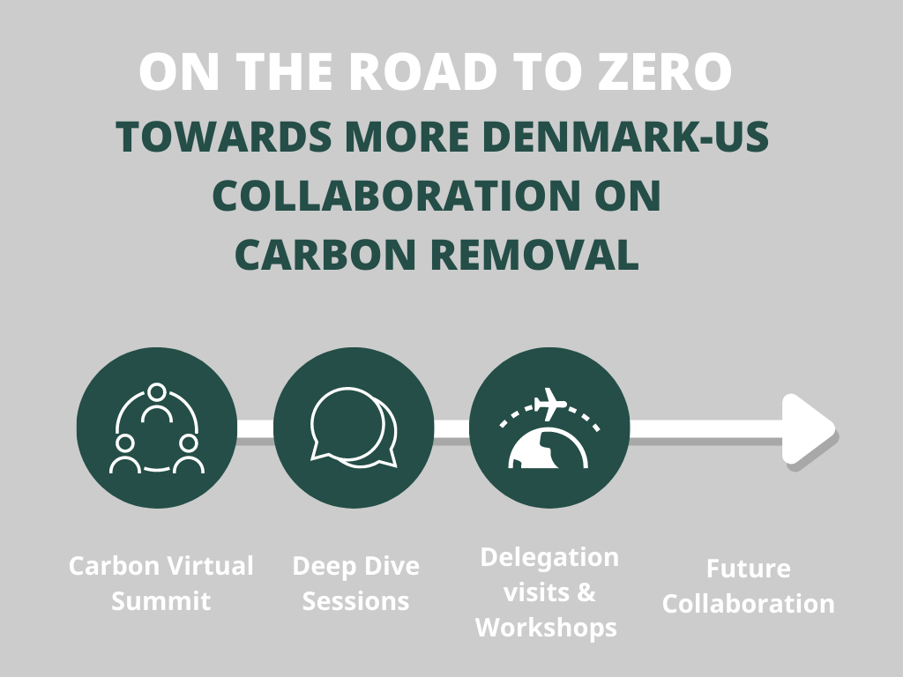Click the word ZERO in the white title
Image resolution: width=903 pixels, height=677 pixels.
[x=665, y=72]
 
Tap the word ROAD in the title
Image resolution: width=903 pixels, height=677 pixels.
[x=423, y=72]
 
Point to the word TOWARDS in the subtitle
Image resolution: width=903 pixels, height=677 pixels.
[x=224, y=137]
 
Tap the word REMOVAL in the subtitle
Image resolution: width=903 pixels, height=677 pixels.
[x=535, y=255]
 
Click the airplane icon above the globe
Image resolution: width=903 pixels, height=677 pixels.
[x=550, y=404]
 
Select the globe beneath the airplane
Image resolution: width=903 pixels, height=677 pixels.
[x=549, y=448]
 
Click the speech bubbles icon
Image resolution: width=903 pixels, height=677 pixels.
[x=354, y=428]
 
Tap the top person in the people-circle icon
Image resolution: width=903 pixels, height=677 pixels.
[x=157, y=403]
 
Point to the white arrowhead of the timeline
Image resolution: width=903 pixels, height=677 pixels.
[x=809, y=429]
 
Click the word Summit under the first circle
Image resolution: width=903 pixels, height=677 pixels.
[x=160, y=601]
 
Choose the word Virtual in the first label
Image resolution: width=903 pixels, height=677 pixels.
[x=207, y=566]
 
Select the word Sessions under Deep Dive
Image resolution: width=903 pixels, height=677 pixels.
[x=356, y=601]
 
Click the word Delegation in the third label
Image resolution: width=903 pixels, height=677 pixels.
[x=549, y=558]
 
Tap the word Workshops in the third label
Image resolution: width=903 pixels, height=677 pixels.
[x=546, y=628]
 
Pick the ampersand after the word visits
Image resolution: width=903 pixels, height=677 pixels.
[x=586, y=592]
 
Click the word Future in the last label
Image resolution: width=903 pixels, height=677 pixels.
[x=749, y=569]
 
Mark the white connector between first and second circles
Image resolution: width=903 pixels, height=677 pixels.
[x=255, y=428]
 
